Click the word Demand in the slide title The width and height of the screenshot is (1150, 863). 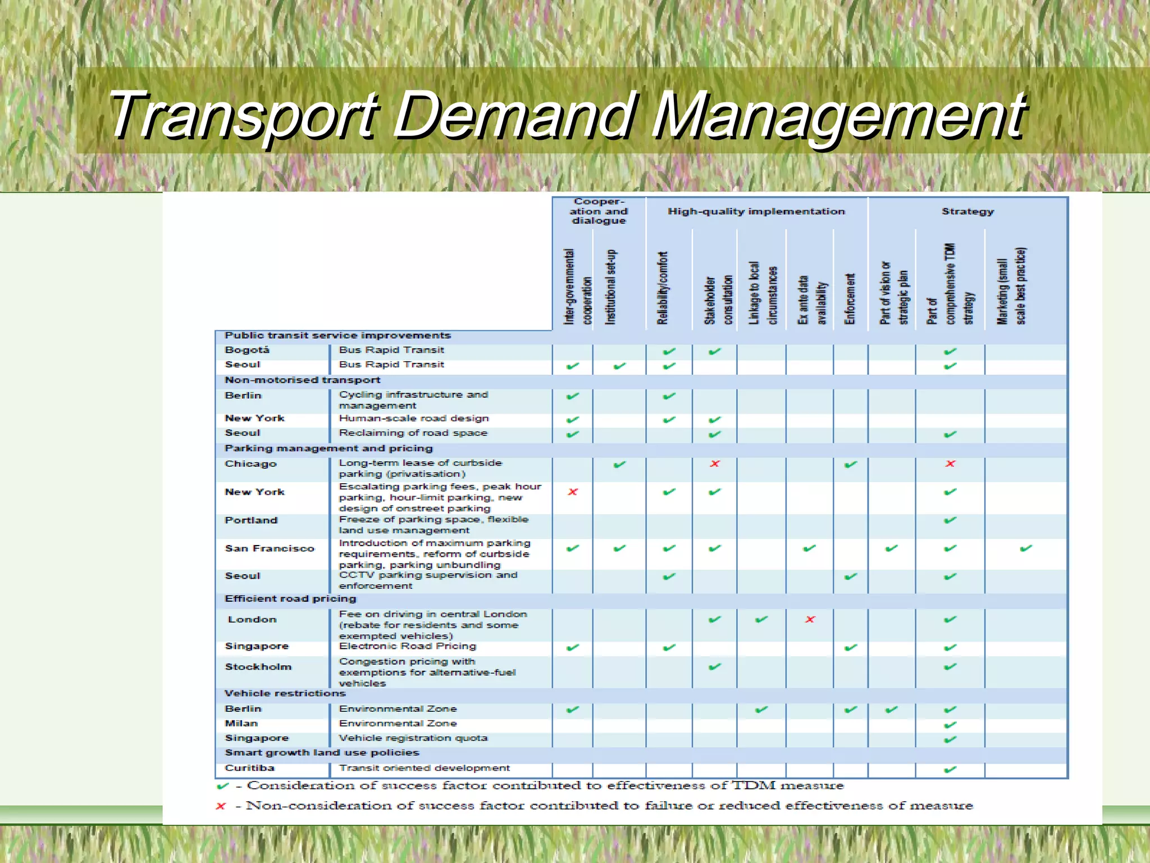pos(515,115)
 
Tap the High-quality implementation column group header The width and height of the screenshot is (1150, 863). pos(756,212)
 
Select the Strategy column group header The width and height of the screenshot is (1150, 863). pos(968,212)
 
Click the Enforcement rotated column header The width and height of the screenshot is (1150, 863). pos(850,299)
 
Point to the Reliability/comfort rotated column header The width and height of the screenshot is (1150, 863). pos(663,288)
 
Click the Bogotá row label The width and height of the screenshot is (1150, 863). pos(247,350)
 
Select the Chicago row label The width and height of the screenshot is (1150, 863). pos(250,464)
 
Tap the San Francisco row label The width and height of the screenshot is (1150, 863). pos(270,548)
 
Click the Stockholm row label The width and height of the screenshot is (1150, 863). pos(258,667)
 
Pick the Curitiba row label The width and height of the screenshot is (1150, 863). pos(249,768)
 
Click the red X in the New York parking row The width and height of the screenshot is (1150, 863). pos(573,492)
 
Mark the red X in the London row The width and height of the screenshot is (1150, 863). pos(810,620)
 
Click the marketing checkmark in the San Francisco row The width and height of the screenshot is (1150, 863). pos(1026,548)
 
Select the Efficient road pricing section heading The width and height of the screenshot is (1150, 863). pos(290,599)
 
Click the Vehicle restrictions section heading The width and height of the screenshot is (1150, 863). pos(285,693)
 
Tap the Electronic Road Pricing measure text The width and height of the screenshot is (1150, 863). pos(407,647)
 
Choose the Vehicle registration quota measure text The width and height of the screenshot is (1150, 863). pos(413,738)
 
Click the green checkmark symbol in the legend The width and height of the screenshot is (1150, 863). pos(222,786)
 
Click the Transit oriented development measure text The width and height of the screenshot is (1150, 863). pos(424,768)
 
